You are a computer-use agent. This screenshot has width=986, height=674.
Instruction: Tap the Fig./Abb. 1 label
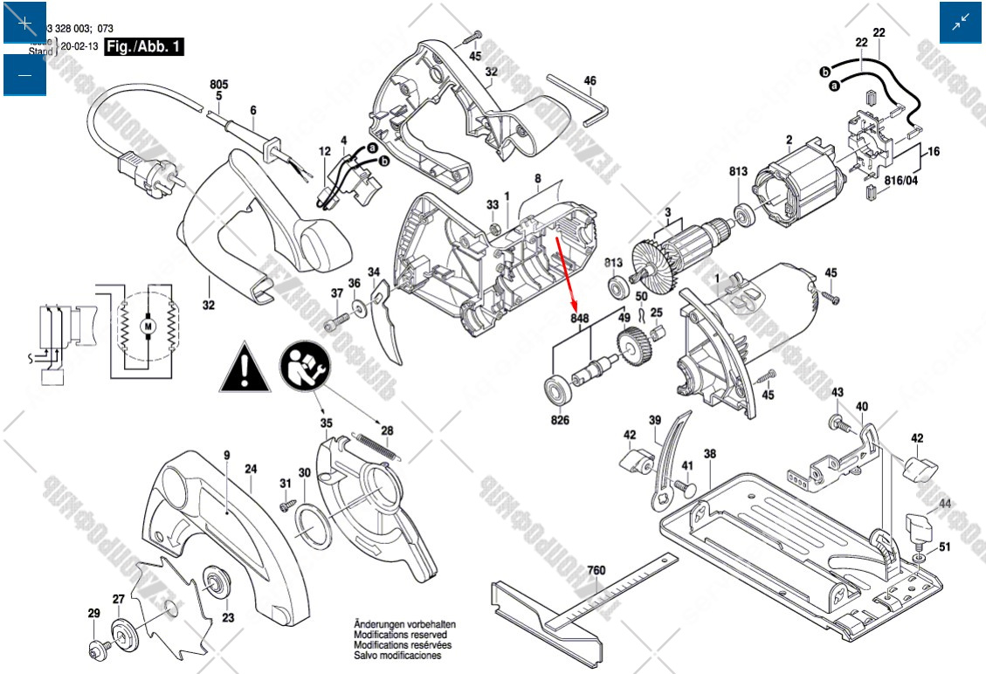coord(144,46)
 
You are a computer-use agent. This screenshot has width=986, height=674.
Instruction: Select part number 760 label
coord(596,571)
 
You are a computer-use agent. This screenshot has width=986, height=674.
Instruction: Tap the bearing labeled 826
coord(556,389)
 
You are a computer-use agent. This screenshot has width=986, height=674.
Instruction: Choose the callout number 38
coord(710,454)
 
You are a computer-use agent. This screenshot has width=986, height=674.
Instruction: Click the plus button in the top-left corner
coord(24,24)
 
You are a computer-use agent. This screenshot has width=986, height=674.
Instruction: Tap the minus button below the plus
coord(24,75)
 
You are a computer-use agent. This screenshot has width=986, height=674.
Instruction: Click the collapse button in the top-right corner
coord(960,24)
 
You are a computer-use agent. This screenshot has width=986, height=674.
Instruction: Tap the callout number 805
coord(218,85)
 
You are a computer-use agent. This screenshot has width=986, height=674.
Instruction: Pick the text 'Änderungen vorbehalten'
coord(404,625)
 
